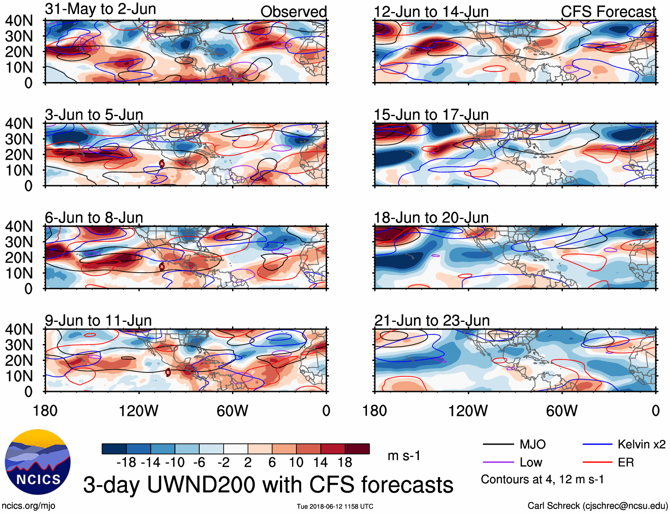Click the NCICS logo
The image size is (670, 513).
pos(38,462)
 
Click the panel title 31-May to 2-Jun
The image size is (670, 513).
pos(100,9)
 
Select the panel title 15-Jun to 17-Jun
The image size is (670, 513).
pos(431,115)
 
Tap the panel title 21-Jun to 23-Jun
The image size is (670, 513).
pos(432,321)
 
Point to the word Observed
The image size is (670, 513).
pos(293,12)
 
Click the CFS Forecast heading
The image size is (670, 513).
pos(608,12)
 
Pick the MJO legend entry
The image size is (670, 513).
pos(532,444)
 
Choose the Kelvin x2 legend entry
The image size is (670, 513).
pos(641,444)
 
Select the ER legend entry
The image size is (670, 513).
pos(626,462)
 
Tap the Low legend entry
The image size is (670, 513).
pos(531,462)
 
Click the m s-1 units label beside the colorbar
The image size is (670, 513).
pos(404,456)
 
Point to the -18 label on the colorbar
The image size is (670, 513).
pos(126,462)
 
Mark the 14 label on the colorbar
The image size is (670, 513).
pos(321,462)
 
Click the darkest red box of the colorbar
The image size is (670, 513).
pos(357,449)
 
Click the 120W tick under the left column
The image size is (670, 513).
pos(138,411)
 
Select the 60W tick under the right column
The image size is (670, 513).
pos(562,411)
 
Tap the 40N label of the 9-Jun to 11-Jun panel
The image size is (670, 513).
pos(19,329)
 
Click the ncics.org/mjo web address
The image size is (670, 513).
pos(28,506)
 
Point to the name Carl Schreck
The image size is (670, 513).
pos(553,506)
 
